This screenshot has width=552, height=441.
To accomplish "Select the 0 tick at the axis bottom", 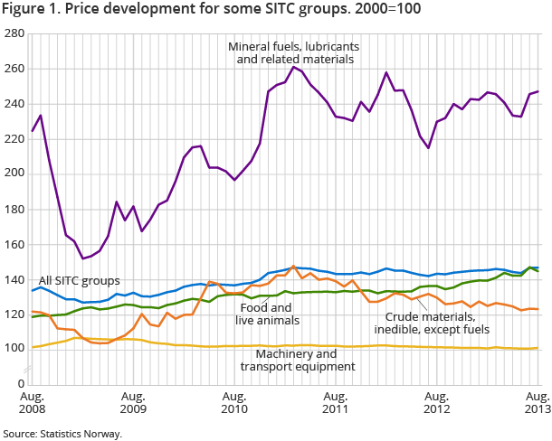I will pos(19,384).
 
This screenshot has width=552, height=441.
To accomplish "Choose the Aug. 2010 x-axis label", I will pos(234,403).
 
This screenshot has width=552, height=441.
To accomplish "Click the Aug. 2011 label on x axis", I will pos(336,403).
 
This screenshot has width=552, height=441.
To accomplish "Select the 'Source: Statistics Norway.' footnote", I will pos(62,433).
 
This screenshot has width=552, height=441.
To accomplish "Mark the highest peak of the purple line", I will pos(294,66).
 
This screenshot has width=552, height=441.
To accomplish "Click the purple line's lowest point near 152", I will pos(82,258).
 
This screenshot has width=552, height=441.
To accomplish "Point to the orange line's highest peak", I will pos(293,267).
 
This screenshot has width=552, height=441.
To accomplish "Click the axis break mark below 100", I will pos(28,368).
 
